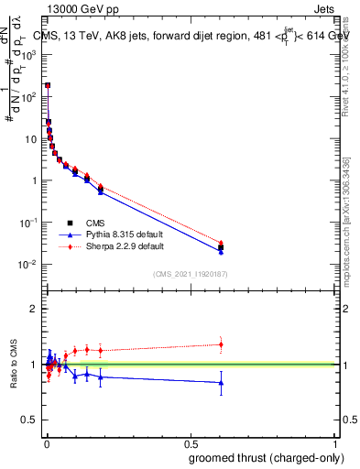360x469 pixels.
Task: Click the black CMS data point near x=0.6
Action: pos(221,247)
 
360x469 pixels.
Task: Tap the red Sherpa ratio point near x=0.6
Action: pos(221,344)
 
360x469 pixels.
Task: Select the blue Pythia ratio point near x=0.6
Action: pos(221,383)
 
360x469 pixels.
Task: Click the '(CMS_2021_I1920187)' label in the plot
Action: pos(189,273)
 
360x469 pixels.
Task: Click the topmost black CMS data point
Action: pos(48,85)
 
